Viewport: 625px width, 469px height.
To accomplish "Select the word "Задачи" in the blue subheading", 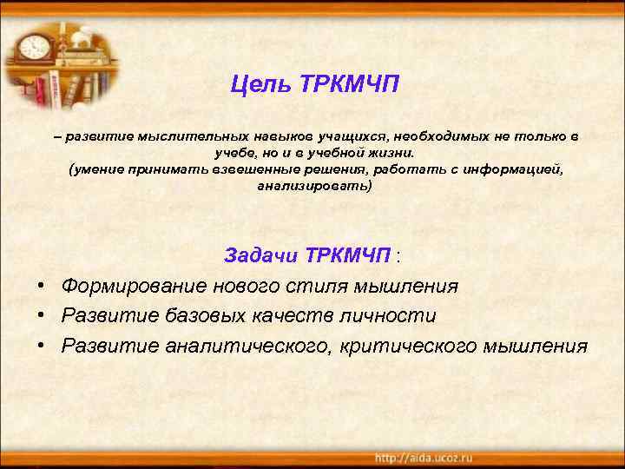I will click(260, 256).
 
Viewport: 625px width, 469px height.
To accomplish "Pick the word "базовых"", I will click(190, 315).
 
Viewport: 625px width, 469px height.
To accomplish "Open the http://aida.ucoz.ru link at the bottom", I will click(423, 457).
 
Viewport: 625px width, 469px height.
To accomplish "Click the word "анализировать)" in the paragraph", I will click(314, 186).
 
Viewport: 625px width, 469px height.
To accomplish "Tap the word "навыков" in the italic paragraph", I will click(287, 136).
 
